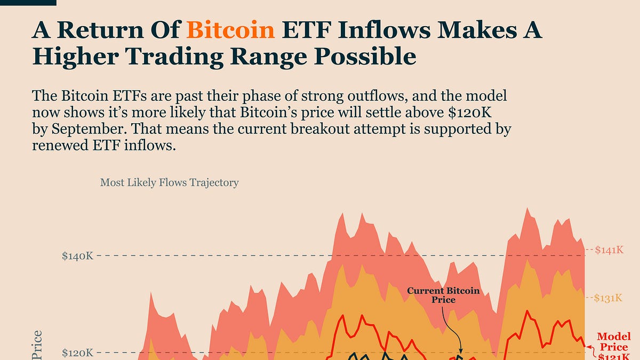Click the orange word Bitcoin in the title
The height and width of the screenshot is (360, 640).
click(x=230, y=31)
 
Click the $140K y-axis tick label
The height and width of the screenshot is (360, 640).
click(x=78, y=256)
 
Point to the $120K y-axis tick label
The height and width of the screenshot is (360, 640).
click(x=78, y=353)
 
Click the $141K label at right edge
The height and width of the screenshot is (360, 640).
click(x=609, y=250)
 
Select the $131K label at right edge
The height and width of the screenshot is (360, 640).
click(x=609, y=298)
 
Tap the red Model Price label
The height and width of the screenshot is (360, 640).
click(x=613, y=341)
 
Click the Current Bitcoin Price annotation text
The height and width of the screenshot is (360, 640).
click(x=443, y=295)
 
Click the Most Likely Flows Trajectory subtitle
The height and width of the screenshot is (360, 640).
click(x=169, y=182)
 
